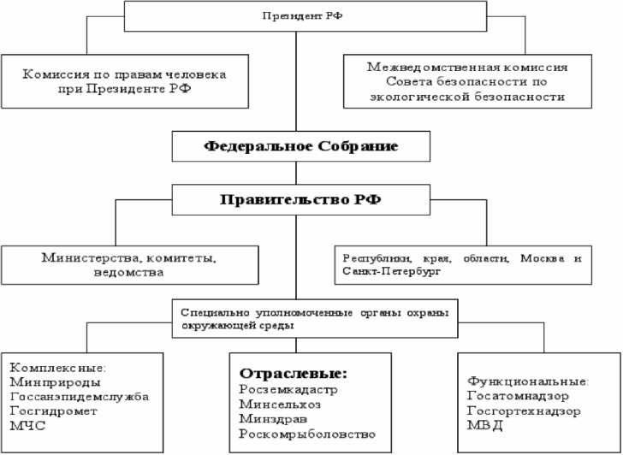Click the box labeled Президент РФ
click(x=295, y=16)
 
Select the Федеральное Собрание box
click(x=300, y=146)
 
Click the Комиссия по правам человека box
click(x=125, y=81)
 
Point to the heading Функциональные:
click(x=527, y=381)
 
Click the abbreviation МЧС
click(x=27, y=425)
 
